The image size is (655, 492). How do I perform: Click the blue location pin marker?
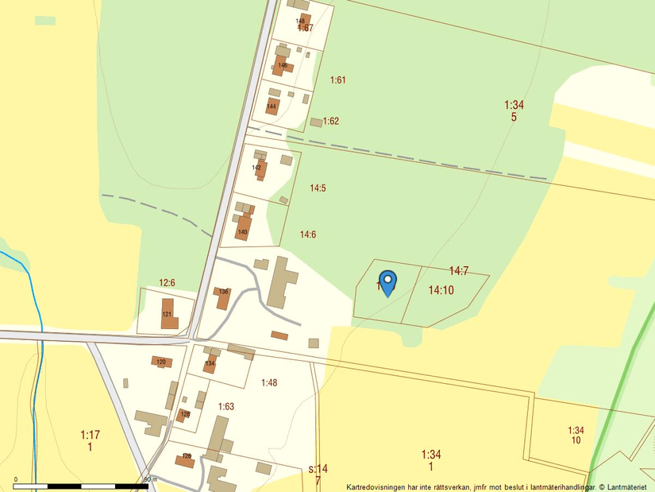click(x=387, y=282)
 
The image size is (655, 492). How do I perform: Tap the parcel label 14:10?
click(x=441, y=290)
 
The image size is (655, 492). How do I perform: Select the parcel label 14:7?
click(x=459, y=271)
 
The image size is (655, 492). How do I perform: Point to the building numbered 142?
click(x=258, y=169)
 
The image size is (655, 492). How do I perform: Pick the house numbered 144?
click(x=272, y=107)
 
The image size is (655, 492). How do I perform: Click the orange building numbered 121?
click(x=168, y=313)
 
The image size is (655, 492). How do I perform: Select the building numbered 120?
click(x=161, y=362)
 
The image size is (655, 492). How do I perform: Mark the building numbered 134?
click(x=210, y=364)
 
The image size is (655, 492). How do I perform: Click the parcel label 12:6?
click(x=167, y=282)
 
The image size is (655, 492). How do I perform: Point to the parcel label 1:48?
click(x=269, y=382)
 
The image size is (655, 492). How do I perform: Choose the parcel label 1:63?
click(x=226, y=406)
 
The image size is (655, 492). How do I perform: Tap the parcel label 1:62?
click(x=331, y=121)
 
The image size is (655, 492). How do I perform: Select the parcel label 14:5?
click(x=318, y=188)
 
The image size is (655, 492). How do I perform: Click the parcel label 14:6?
click(x=308, y=234)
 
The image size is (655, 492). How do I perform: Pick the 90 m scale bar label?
click(x=148, y=479)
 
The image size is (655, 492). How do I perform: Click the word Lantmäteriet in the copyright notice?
click(x=628, y=486)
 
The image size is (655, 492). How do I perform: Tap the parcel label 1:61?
click(x=338, y=79)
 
